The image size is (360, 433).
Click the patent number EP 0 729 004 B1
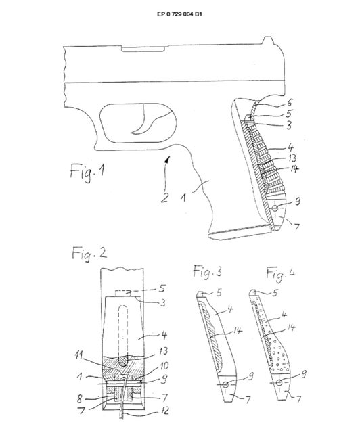179,14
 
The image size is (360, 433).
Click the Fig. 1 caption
87,171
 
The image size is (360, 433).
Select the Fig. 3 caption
207,272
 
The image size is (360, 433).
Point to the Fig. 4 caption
280,273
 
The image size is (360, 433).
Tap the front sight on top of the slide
267,41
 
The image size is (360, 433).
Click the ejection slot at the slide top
143,49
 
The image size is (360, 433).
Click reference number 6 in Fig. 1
289,103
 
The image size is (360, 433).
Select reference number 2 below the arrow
164,198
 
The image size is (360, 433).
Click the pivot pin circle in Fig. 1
275,208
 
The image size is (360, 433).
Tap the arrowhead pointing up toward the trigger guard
167,159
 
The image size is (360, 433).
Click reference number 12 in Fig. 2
164,411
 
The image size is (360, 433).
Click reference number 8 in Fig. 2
79,398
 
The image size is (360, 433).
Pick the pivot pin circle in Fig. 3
226,384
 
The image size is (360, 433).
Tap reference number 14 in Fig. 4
291,327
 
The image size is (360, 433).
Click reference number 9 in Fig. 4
303,374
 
